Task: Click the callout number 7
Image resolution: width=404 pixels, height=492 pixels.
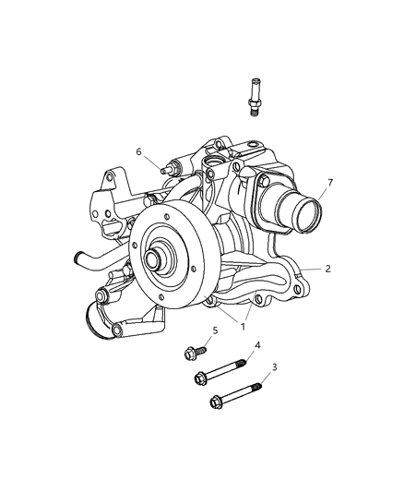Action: pyautogui.click(x=329, y=182)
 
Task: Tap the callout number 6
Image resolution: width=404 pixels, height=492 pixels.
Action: pyautogui.click(x=139, y=151)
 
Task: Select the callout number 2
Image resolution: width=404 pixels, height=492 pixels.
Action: pyautogui.click(x=327, y=269)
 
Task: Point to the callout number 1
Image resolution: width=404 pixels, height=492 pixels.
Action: pyautogui.click(x=243, y=327)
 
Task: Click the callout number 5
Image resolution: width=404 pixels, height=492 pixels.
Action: pyautogui.click(x=215, y=330)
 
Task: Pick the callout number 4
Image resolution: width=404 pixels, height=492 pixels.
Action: pyautogui.click(x=257, y=345)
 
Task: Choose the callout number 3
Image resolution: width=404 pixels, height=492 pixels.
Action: pyautogui.click(x=275, y=366)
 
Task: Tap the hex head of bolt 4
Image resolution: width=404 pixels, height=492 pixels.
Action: pyautogui.click(x=200, y=378)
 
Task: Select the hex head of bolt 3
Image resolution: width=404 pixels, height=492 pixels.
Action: pyautogui.click(x=216, y=402)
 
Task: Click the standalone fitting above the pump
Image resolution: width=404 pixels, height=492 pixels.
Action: pyautogui.click(x=255, y=98)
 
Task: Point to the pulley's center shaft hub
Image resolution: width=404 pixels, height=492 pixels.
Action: pyautogui.click(x=154, y=259)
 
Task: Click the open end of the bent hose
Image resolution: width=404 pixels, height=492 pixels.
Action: pyautogui.click(x=77, y=258)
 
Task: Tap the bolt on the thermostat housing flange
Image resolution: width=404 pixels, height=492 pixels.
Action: pyautogui.click(x=264, y=181)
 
